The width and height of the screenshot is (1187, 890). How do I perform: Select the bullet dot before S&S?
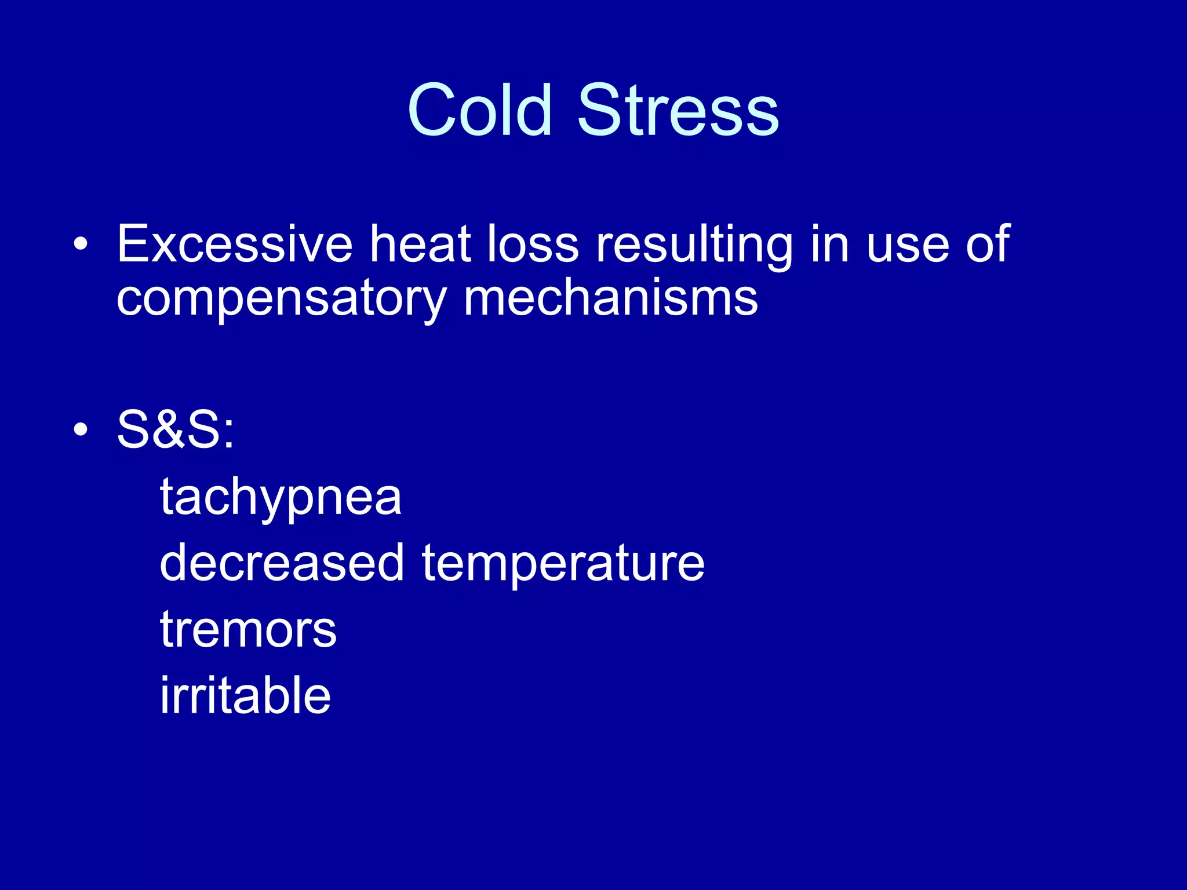81,429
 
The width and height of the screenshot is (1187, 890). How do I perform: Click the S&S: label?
176,429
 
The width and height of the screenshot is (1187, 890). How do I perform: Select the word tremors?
248,630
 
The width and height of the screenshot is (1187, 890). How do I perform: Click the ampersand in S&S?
175,429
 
